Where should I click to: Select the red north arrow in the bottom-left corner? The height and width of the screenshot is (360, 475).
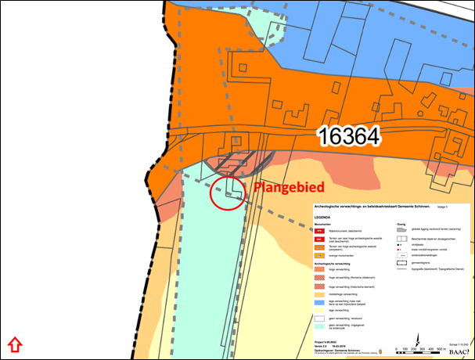tap(14, 344)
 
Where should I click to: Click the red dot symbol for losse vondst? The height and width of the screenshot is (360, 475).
tap(401, 250)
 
